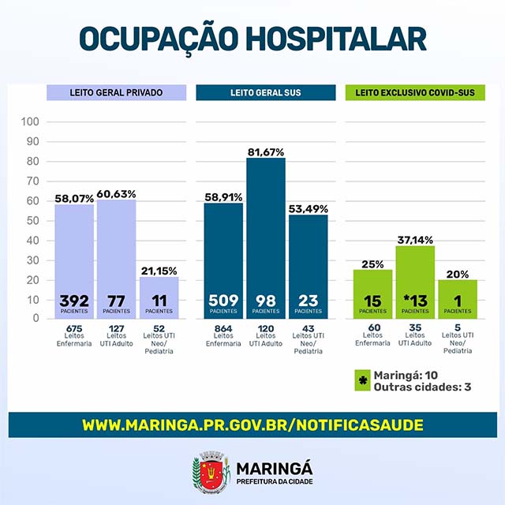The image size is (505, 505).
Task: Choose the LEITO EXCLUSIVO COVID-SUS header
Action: coord(415,92)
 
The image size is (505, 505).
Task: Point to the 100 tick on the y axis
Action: coord(30,122)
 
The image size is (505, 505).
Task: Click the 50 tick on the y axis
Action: coord(31,221)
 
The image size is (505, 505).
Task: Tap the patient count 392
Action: coord(74,300)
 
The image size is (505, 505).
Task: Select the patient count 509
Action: coord(223,300)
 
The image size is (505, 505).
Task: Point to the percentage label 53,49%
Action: coord(308,208)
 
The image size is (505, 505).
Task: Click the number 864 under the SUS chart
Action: coord(223,327)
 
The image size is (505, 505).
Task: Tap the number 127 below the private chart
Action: coord(116,327)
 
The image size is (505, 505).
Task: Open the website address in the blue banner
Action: coord(252,425)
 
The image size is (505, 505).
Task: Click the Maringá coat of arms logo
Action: coord(208,473)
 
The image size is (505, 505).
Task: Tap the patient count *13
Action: coord(415,300)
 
